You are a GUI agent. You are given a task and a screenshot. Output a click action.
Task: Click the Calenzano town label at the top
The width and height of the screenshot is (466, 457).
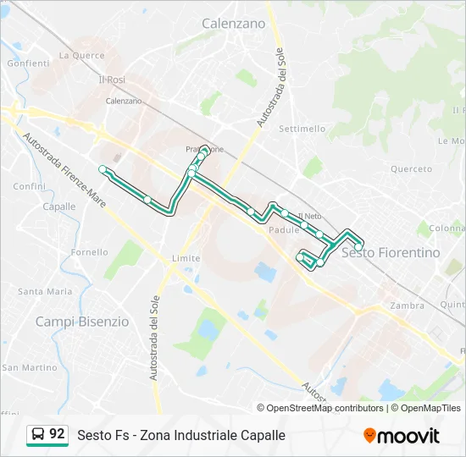[233, 24]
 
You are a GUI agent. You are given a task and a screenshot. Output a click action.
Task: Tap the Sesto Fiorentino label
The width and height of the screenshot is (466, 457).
[391, 252]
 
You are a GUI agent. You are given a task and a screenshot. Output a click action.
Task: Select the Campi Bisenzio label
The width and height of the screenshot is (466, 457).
[82, 322]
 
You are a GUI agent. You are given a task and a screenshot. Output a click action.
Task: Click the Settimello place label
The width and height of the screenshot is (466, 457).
[302, 129]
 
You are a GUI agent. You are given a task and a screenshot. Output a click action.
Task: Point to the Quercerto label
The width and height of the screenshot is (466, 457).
[411, 168]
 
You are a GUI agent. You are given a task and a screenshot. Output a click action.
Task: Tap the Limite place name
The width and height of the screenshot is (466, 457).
[186, 258]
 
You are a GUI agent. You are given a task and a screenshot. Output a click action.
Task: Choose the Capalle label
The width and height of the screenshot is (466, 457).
[58, 206]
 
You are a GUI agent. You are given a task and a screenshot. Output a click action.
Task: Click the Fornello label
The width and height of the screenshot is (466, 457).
[89, 252]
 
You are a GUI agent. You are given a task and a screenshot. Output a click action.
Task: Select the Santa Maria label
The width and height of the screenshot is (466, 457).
[45, 291]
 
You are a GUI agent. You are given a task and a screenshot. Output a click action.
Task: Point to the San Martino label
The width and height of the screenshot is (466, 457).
[29, 367]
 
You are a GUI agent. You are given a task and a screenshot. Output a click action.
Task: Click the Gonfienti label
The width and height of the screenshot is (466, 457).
[28, 63]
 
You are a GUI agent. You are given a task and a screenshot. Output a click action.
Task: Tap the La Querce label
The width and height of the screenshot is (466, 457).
[82, 56]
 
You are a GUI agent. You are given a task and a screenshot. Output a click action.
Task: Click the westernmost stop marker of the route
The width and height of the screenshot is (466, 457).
[103, 169]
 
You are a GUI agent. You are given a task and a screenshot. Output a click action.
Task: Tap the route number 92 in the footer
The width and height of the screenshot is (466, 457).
[57, 434]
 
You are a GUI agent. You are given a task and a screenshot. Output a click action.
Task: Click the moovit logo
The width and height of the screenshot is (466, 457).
[402, 436]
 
